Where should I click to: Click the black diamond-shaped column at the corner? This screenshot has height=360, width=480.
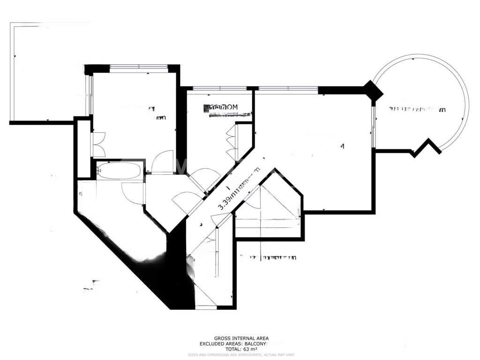click(373, 90)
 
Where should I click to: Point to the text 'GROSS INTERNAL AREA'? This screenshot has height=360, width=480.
click(241, 338)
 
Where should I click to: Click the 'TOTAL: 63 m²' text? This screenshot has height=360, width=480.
click(241, 349)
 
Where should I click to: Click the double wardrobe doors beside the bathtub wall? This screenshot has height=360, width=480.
click(99, 144)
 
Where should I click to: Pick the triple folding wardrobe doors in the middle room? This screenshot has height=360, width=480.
click(231, 141)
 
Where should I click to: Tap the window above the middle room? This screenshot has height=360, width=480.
click(219, 88)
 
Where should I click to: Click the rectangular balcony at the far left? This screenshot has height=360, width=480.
click(42, 73)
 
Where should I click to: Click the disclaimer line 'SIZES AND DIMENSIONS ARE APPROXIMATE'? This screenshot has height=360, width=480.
click(241, 355)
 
